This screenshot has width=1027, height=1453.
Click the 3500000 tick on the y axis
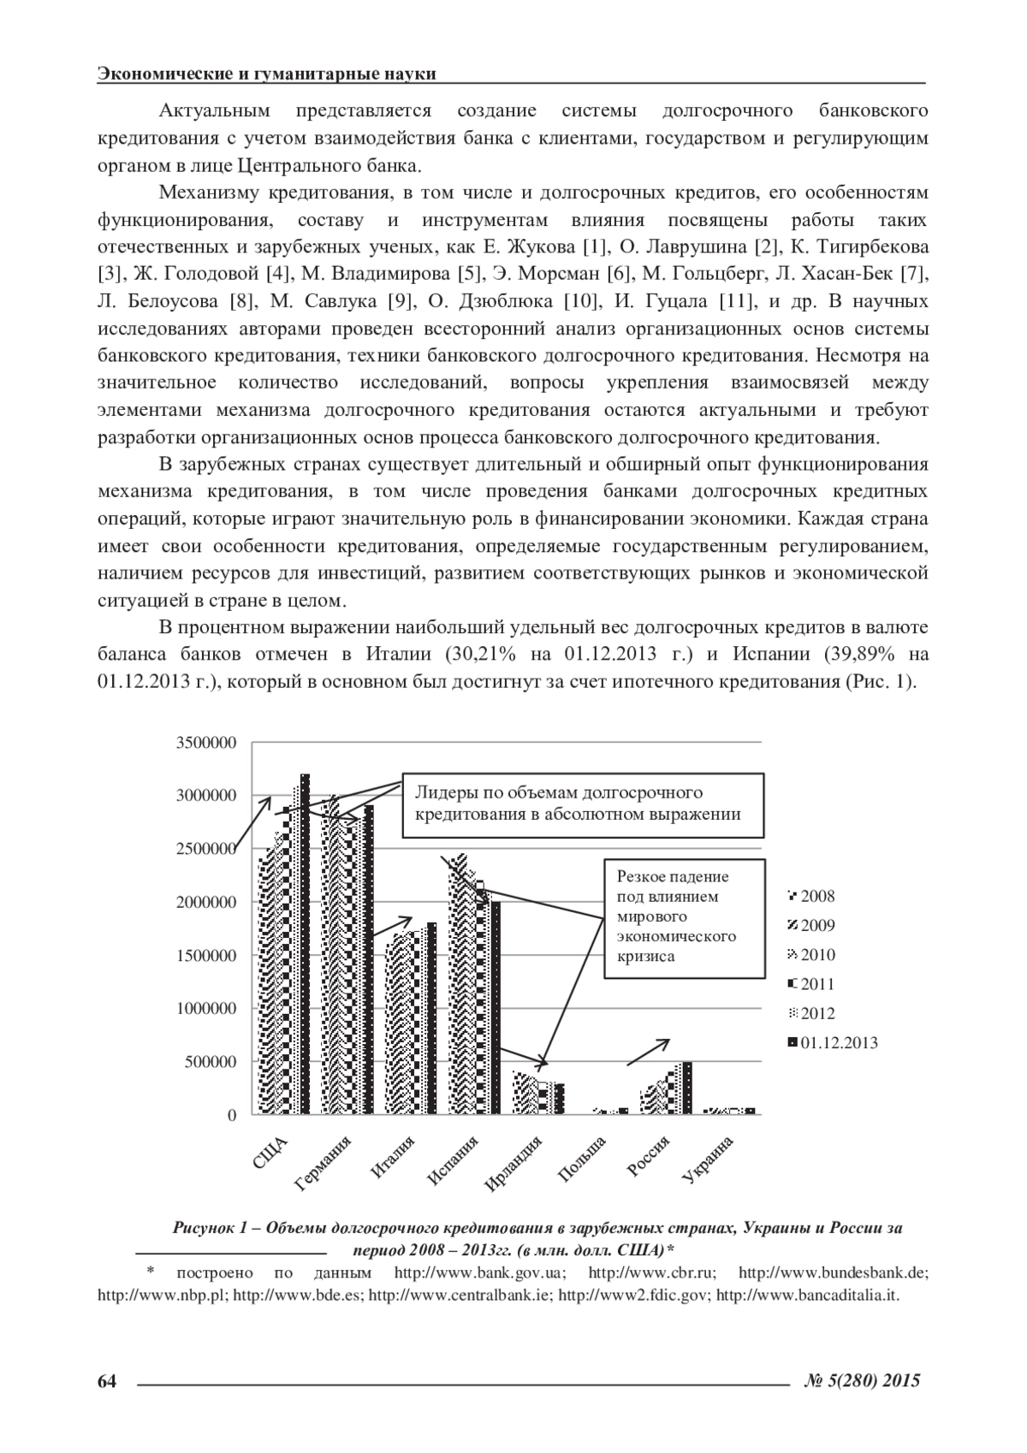click(205, 743)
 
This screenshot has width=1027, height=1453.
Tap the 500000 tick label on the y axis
click(210, 1062)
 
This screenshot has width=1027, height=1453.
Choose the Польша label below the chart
click(582, 1159)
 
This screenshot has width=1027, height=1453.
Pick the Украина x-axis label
click(709, 1161)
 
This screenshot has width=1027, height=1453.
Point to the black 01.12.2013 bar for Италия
click(432, 1018)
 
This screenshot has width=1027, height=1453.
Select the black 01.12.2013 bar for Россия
click(687, 1088)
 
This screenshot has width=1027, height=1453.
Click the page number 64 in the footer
click(107, 1380)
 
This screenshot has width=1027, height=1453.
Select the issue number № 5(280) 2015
click(863, 1380)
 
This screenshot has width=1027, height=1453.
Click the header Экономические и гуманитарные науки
click(267, 74)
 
